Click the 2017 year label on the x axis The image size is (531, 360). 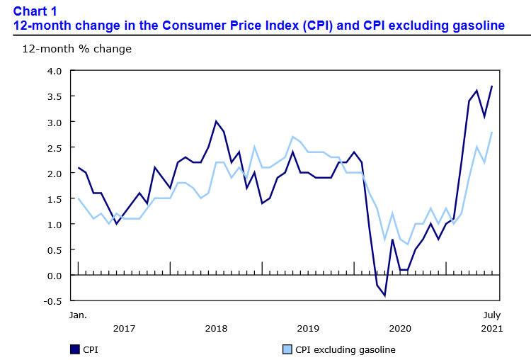pos(124,328)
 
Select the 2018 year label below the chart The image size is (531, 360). pos(216,328)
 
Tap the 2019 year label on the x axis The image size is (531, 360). pos(308,328)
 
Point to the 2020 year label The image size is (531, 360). pos(400,328)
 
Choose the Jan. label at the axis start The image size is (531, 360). pos(77,315)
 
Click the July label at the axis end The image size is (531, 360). pos(492,315)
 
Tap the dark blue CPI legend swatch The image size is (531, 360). pos(74,349)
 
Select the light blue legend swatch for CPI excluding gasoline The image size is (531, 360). pos(287,349)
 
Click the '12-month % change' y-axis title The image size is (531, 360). pos(67,49)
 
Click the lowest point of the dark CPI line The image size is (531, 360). pos(384,296)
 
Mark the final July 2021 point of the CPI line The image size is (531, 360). pos(491,86)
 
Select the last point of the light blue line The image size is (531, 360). pos(491,133)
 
